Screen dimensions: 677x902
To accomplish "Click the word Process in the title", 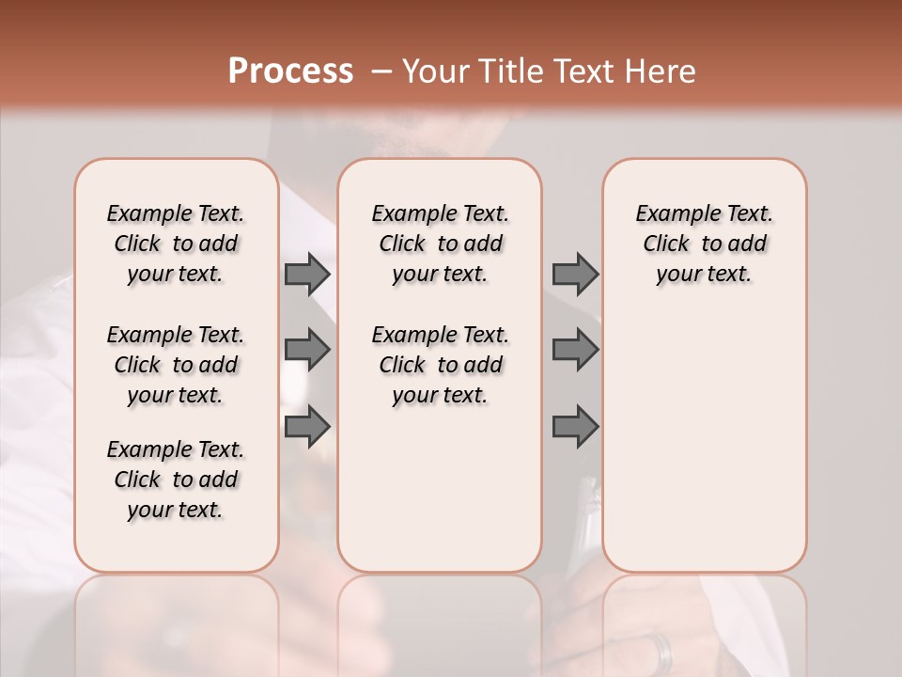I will [290, 71].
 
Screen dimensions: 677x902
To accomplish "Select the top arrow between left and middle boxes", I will [307, 274].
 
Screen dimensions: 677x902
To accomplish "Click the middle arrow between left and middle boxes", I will [307, 350].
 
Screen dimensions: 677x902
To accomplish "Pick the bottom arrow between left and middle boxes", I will [307, 426].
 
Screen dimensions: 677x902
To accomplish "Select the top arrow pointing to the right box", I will [575, 274].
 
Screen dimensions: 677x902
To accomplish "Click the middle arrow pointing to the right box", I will [575, 350].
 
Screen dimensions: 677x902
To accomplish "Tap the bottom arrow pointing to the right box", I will [575, 426].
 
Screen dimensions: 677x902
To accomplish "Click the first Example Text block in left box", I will [176, 244].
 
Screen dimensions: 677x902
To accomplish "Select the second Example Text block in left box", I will [176, 365].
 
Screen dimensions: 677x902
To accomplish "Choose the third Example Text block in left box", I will [176, 480].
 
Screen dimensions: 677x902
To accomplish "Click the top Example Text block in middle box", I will [440, 244].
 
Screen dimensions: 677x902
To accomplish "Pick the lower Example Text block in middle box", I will [440, 365].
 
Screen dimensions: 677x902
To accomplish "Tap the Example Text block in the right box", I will [705, 244].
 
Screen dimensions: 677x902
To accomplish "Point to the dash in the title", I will [381, 71].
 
